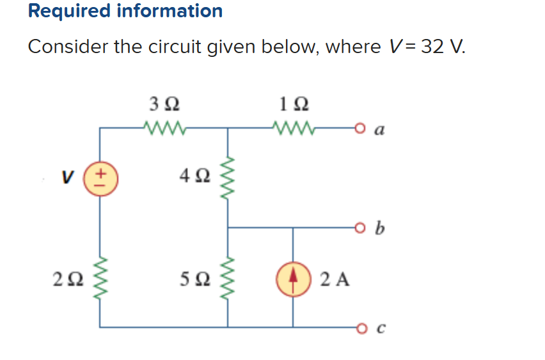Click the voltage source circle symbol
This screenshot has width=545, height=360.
tap(100, 178)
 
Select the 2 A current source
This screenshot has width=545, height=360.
tap(293, 279)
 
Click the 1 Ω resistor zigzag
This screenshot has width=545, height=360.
tap(294, 127)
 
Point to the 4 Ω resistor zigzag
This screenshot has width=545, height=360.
tap(228, 178)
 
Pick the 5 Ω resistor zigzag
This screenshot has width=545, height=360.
tap(228, 279)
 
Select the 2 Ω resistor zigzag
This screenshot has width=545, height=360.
tap(100, 279)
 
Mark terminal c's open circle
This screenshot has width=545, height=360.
tap(361, 327)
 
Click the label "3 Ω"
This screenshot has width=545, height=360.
tap(164, 104)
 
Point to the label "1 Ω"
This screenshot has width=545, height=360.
tap(294, 104)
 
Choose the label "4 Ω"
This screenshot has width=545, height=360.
tap(195, 175)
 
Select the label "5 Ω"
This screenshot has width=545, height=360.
tap(195, 279)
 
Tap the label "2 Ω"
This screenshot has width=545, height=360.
tap(68, 279)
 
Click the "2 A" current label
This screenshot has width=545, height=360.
tap(335, 279)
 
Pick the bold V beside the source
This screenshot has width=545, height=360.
tap(67, 177)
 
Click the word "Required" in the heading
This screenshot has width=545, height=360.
tap(70, 11)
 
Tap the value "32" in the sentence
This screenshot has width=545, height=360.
tap(432, 46)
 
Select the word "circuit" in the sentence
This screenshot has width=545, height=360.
tap(175, 46)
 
